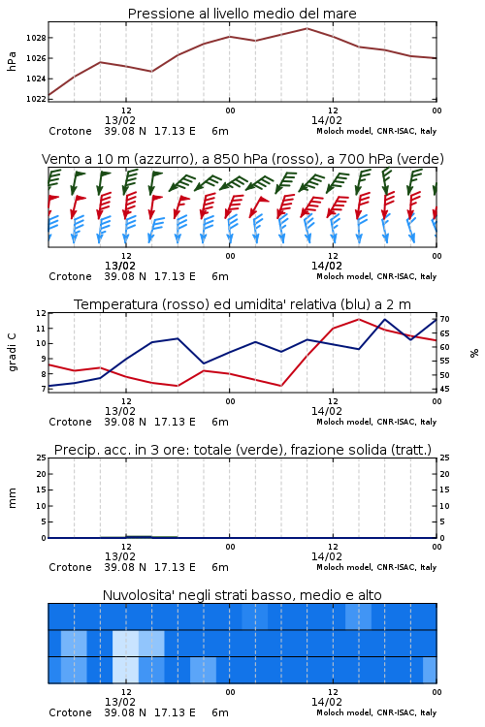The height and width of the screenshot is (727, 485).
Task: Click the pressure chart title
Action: tap(242, 14)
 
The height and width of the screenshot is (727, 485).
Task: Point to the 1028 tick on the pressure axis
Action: tap(36, 38)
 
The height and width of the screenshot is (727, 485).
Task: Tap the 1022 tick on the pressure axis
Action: tap(36, 99)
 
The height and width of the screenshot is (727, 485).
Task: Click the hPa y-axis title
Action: tap(12, 61)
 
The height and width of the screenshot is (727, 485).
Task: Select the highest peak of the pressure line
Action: tap(307, 28)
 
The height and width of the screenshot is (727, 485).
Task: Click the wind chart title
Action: tap(242, 159)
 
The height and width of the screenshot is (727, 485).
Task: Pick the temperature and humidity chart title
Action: tap(242, 304)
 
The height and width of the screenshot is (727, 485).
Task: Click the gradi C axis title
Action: tap(12, 353)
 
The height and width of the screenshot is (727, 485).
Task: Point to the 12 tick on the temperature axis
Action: tap(41, 313)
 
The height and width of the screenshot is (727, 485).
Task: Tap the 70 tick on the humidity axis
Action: tap(444, 319)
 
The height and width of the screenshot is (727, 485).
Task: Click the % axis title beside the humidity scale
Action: tap(474, 353)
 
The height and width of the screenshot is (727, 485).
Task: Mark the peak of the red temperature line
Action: tap(359, 319)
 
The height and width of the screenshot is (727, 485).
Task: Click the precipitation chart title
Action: tap(242, 450)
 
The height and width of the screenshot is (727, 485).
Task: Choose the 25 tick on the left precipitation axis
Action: tap(41, 458)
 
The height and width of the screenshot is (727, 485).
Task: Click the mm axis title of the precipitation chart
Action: tap(12, 498)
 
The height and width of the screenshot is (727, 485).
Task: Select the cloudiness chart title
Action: tap(242, 595)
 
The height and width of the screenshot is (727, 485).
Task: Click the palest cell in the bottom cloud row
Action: tap(125, 670)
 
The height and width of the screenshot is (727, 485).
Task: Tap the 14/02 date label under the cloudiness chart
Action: tap(326, 702)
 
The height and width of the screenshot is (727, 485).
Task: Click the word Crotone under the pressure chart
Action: tap(70, 131)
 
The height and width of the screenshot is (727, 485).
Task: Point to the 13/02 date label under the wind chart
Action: tap(119, 266)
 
